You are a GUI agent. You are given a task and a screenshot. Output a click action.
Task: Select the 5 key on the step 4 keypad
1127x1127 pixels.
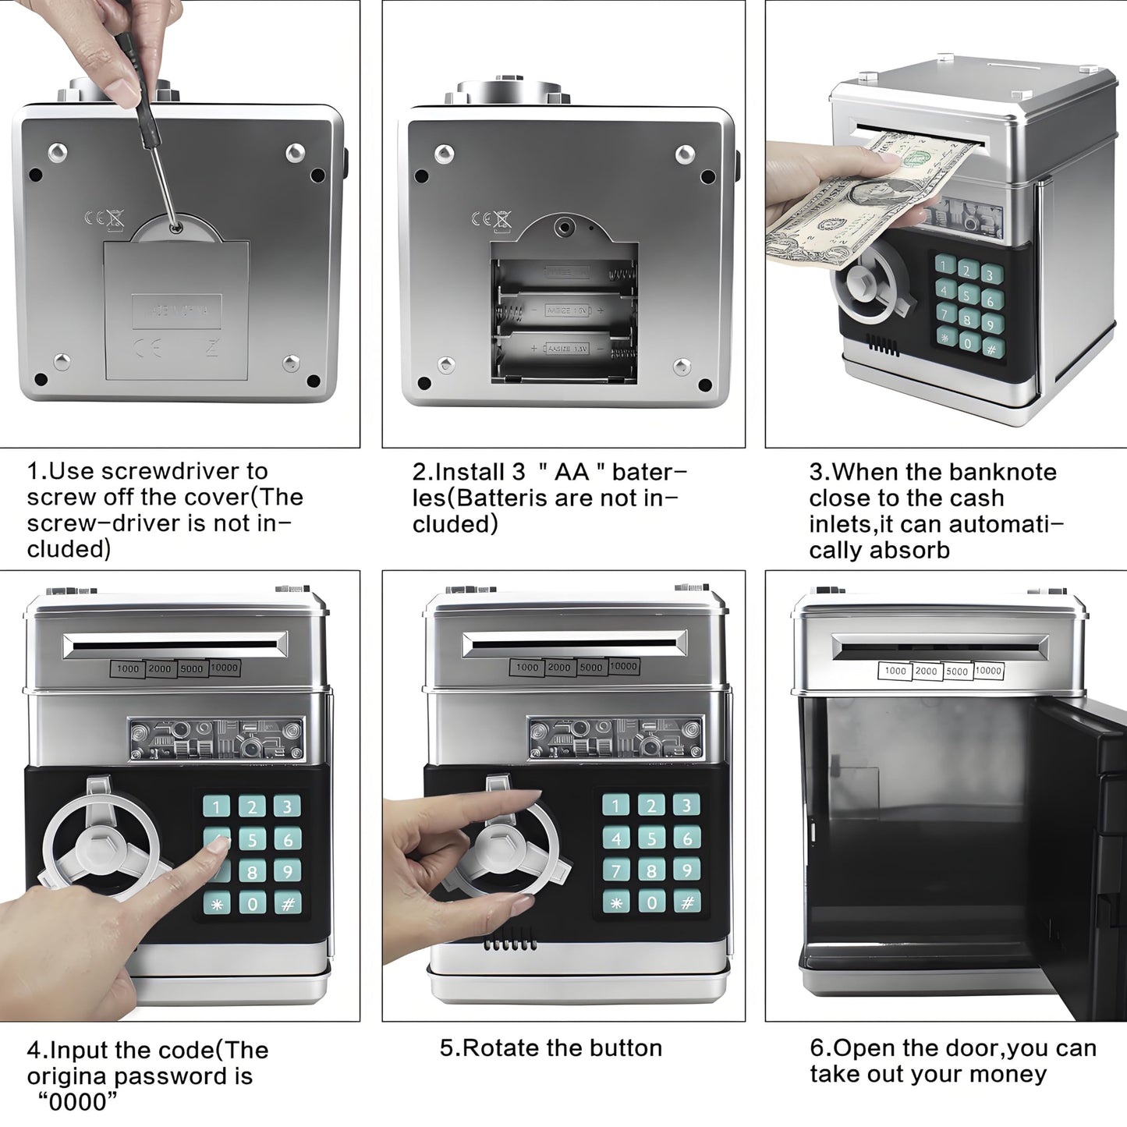click(252, 840)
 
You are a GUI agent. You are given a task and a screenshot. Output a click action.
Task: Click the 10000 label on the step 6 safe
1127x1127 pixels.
click(988, 671)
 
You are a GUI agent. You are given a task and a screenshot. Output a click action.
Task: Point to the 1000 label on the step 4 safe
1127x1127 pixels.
click(127, 668)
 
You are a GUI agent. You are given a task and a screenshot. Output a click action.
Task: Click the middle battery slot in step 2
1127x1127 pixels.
click(564, 310)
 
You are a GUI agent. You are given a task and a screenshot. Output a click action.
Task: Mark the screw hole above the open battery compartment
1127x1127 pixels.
click(562, 227)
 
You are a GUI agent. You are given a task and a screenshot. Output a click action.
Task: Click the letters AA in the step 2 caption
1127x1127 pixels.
click(572, 472)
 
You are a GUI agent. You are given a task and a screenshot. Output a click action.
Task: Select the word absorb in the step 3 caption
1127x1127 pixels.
click(912, 551)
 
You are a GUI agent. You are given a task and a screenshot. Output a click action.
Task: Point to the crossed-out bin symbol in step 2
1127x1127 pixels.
click(502, 220)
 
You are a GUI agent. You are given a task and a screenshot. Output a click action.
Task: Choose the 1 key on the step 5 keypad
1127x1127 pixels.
click(616, 805)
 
